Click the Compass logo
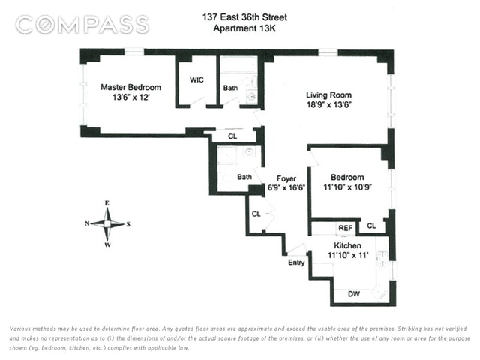click(x=82, y=25)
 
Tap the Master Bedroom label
click(x=130, y=87)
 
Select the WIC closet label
click(x=196, y=80)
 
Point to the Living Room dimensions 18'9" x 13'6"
click(x=328, y=105)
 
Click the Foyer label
click(x=286, y=178)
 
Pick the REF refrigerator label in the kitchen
click(x=346, y=228)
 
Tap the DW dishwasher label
click(x=354, y=294)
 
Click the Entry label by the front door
click(x=296, y=262)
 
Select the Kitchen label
click(x=347, y=245)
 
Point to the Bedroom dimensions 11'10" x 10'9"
click(x=347, y=187)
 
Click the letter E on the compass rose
click(x=107, y=203)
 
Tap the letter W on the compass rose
click(x=107, y=244)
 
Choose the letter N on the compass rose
click(x=87, y=223)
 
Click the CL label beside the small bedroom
click(x=371, y=226)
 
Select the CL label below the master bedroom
click(x=232, y=136)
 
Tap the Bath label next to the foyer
click(x=244, y=177)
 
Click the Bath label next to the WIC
click(x=230, y=88)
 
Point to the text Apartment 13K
click(x=244, y=28)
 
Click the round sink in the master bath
click(x=252, y=97)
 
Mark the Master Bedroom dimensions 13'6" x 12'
click(x=131, y=97)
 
